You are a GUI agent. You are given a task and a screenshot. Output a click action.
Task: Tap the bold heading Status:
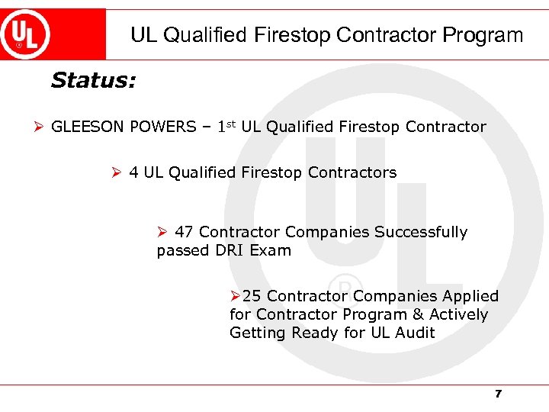point(93,81)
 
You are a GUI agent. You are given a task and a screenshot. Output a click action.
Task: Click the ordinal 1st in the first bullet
point(222,126)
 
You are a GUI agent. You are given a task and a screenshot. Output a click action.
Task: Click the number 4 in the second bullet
point(133,172)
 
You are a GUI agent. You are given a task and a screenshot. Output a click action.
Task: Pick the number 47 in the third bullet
point(184,232)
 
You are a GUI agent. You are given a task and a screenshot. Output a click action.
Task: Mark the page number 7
point(498,394)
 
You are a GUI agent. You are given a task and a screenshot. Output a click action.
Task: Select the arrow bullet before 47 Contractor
point(162,232)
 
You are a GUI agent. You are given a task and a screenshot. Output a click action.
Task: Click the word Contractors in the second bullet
point(352,172)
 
